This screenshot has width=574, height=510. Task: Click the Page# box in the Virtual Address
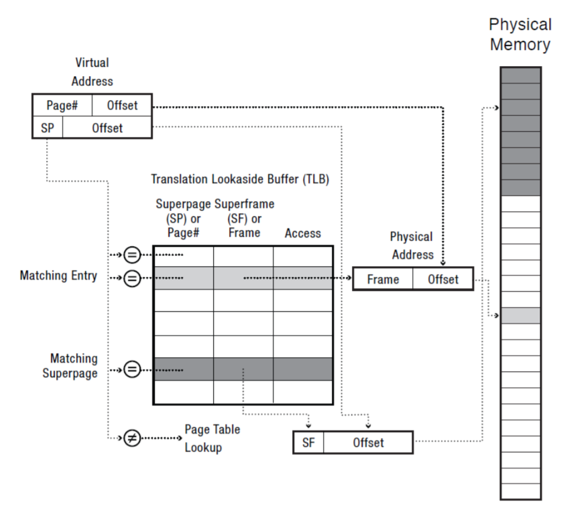point(62,106)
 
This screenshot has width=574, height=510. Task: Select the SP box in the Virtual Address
point(47,127)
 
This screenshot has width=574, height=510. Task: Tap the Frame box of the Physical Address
point(383,279)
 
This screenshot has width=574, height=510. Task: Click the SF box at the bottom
point(308,443)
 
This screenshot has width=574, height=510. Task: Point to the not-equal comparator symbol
point(132,439)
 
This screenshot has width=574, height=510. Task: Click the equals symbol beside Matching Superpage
point(132,370)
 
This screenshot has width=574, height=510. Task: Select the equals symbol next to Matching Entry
point(132,277)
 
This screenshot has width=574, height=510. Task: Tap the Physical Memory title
point(520,34)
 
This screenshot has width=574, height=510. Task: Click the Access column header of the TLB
point(302,233)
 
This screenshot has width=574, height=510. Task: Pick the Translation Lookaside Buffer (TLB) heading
point(240,179)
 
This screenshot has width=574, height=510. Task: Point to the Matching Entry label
point(58,276)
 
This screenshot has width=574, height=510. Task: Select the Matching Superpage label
point(70,366)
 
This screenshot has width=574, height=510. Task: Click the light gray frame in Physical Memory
point(520,315)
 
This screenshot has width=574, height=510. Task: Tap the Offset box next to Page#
point(122,106)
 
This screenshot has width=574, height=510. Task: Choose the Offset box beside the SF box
point(368,443)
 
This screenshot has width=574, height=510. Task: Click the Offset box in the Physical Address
point(443,279)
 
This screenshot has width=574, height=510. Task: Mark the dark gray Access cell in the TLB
point(302,369)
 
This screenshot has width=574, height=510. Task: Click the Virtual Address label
point(92,71)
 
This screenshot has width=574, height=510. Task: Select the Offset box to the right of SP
point(107,127)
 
